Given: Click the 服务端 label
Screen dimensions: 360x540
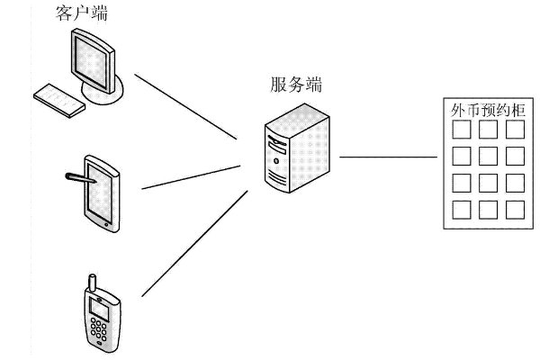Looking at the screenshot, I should pos(296,85).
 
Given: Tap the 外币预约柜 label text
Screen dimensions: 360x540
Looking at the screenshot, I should pos(487,110).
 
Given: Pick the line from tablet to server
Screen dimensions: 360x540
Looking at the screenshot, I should pos(193,176).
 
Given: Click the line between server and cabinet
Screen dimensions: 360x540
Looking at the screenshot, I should pos(387,157).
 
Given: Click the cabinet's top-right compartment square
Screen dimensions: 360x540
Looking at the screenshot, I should pos(515,130).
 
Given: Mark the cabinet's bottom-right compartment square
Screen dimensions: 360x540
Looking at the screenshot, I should pos(515,210).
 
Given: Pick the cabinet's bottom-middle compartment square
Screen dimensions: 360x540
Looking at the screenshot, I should pos(488,210).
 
